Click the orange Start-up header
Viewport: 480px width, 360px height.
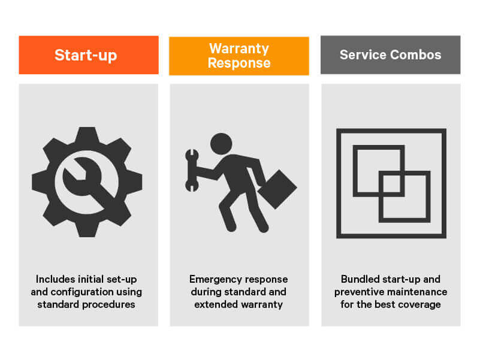pyautogui.click(x=89, y=55)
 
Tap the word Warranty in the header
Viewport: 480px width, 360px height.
pyautogui.click(x=239, y=49)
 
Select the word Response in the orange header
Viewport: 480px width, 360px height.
pyautogui.click(x=239, y=63)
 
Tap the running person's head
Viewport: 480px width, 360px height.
pyautogui.click(x=221, y=143)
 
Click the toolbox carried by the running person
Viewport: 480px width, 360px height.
pyautogui.click(x=277, y=189)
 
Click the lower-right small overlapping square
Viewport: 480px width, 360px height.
pyautogui.click(x=404, y=196)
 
